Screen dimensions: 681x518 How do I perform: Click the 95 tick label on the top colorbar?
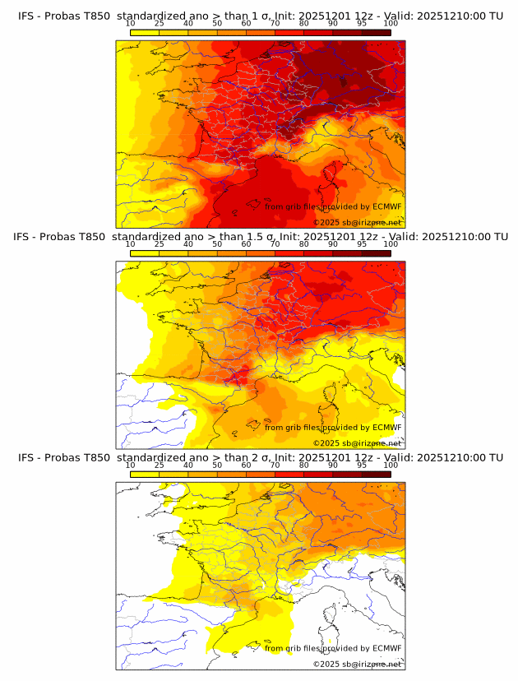[362, 24]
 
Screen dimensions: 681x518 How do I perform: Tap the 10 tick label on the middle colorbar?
[130, 244]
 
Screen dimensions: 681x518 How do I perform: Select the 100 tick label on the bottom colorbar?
[391, 465]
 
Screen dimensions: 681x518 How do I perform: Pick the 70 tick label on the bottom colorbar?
[275, 465]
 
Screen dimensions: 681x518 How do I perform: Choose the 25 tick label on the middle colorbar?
[159, 244]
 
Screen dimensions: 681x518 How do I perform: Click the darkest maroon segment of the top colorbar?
[376, 33]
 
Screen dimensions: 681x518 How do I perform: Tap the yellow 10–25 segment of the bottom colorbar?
[145, 474]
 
